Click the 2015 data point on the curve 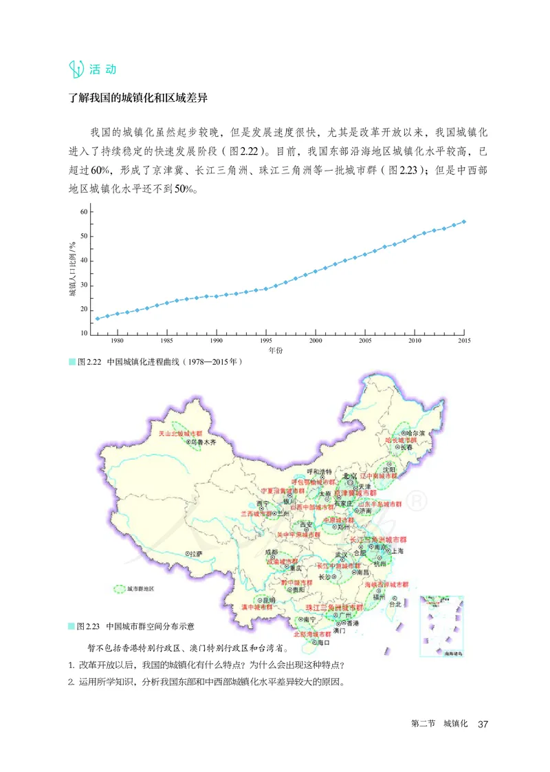(x=464, y=222)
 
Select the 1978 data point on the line (x=97, y=319)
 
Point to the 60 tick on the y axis (x=84, y=212)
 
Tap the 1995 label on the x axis (x=265, y=341)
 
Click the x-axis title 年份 (x=275, y=350)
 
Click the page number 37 (x=483, y=724)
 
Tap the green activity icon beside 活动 (x=77, y=69)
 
